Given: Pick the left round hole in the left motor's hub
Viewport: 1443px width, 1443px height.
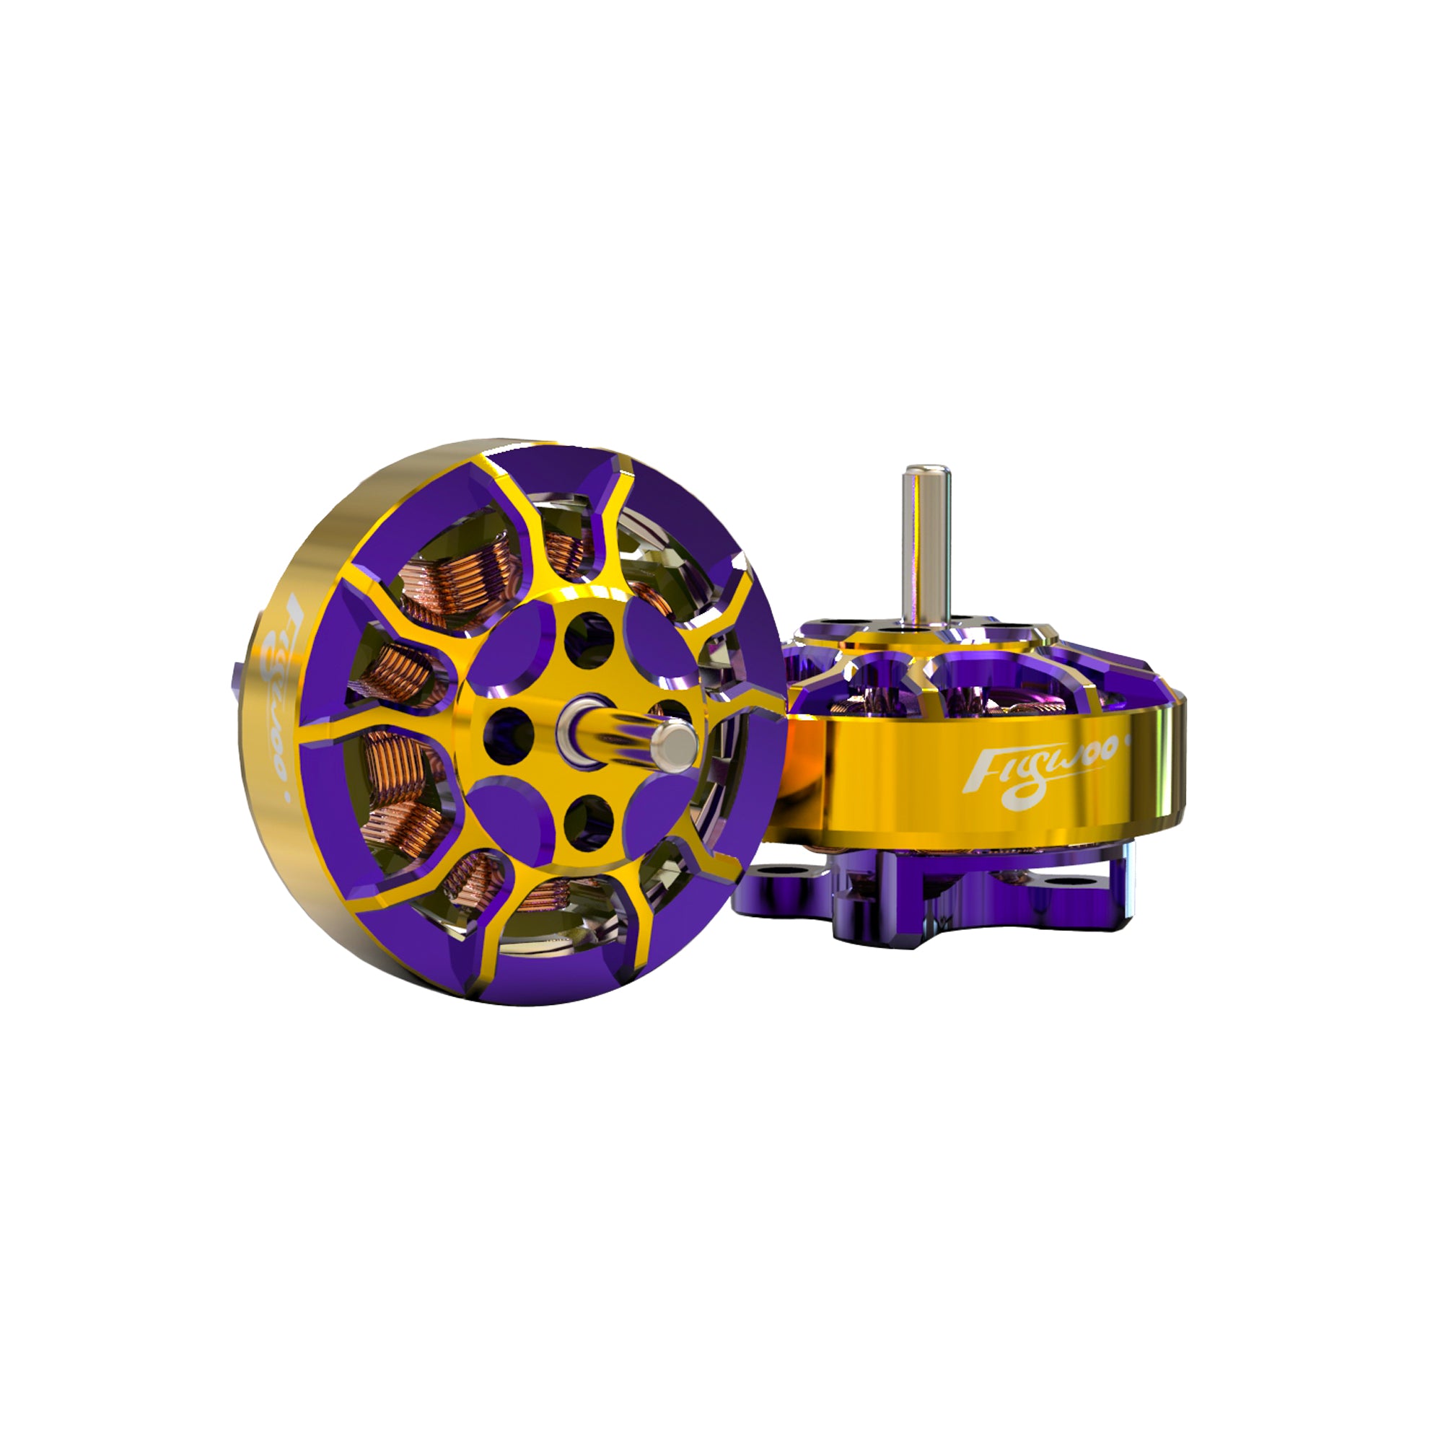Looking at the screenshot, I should pyautogui.click(x=509, y=729).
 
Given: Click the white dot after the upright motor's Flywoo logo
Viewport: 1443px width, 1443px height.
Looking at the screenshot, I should pyautogui.click(x=1127, y=742).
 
